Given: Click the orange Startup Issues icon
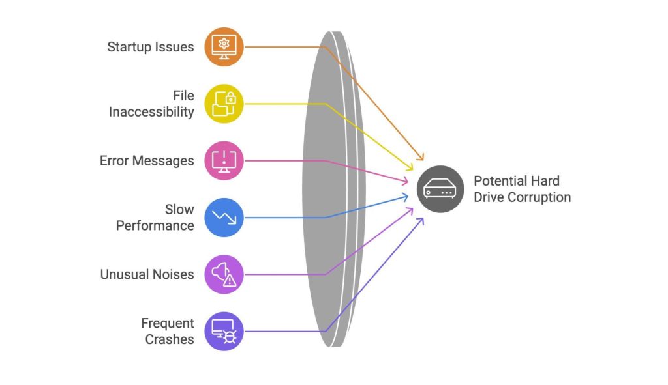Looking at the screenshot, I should pyautogui.click(x=224, y=47).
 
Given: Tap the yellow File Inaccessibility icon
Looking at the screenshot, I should pyautogui.click(x=224, y=104).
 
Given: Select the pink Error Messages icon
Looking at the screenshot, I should pyautogui.click(x=224, y=160).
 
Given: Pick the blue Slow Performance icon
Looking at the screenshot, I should pyautogui.click(x=224, y=217).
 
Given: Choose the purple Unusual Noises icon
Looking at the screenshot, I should pyautogui.click(x=224, y=274).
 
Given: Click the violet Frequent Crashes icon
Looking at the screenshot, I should pyautogui.click(x=224, y=331).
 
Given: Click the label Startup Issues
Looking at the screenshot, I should pyautogui.click(x=151, y=47).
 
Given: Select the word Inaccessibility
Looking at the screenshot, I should pyautogui.click(x=151, y=112).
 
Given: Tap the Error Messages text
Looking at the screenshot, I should pyautogui.click(x=147, y=160).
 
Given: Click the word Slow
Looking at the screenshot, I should pyautogui.click(x=179, y=209).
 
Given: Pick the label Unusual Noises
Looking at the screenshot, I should pyautogui.click(x=147, y=274).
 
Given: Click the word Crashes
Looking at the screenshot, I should pyautogui.click(x=170, y=339).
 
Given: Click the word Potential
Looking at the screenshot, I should pyautogui.click(x=498, y=181).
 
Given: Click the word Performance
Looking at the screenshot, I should pyautogui.click(x=155, y=226).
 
